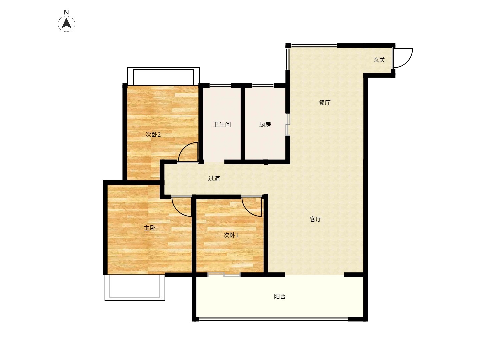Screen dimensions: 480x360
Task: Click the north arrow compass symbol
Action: [x=66, y=23]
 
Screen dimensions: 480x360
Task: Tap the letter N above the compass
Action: [x=66, y=12]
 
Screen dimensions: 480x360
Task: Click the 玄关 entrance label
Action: [x=379, y=60]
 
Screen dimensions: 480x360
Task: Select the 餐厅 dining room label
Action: [x=325, y=103]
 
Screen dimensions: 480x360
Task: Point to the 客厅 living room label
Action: [x=316, y=219]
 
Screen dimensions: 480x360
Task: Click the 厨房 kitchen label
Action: [x=265, y=125]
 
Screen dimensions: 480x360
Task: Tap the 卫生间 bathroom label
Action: [x=222, y=125]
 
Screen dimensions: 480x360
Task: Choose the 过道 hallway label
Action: [x=214, y=178]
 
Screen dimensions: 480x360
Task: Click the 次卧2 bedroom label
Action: [x=153, y=134]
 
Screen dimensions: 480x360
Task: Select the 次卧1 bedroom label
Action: [x=231, y=235]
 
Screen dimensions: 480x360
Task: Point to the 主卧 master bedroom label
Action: [x=150, y=228]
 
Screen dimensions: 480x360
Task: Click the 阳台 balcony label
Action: [x=280, y=296]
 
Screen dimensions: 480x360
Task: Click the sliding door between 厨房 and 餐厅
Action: [x=288, y=124]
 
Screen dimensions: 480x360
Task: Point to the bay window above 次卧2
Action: [x=163, y=69]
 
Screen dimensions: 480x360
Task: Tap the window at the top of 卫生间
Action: [x=220, y=85]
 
